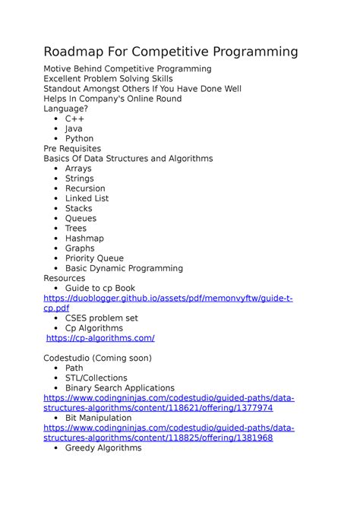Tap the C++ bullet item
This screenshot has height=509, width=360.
coord(74,119)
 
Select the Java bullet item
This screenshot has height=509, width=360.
coord(74,128)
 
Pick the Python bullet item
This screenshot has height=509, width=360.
coord(79,138)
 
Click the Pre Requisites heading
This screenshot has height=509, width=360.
coord(72,148)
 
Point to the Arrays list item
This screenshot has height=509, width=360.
coord(78,168)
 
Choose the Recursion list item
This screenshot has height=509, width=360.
coord(85,188)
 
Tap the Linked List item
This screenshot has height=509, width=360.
coord(87,198)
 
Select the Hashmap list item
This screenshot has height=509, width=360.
coord(84,238)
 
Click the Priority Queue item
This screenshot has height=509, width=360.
coord(94,258)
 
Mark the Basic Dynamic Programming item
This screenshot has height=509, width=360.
coord(124,268)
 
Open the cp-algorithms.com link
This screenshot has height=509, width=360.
coord(100,338)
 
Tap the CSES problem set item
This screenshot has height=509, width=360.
coord(101,318)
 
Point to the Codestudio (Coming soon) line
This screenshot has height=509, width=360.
coord(97,358)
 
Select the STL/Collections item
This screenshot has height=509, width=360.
coord(96,378)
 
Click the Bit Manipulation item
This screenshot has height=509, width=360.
coord(98,418)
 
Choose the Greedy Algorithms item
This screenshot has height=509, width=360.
coord(103,448)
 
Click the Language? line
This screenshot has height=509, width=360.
coord(69,109)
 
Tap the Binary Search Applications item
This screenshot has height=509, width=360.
coord(119,387)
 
